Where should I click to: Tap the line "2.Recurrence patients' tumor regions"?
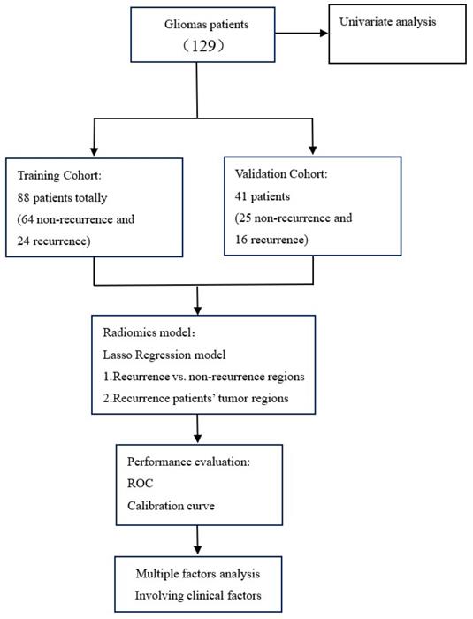pyautogui.click(x=202, y=400)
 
